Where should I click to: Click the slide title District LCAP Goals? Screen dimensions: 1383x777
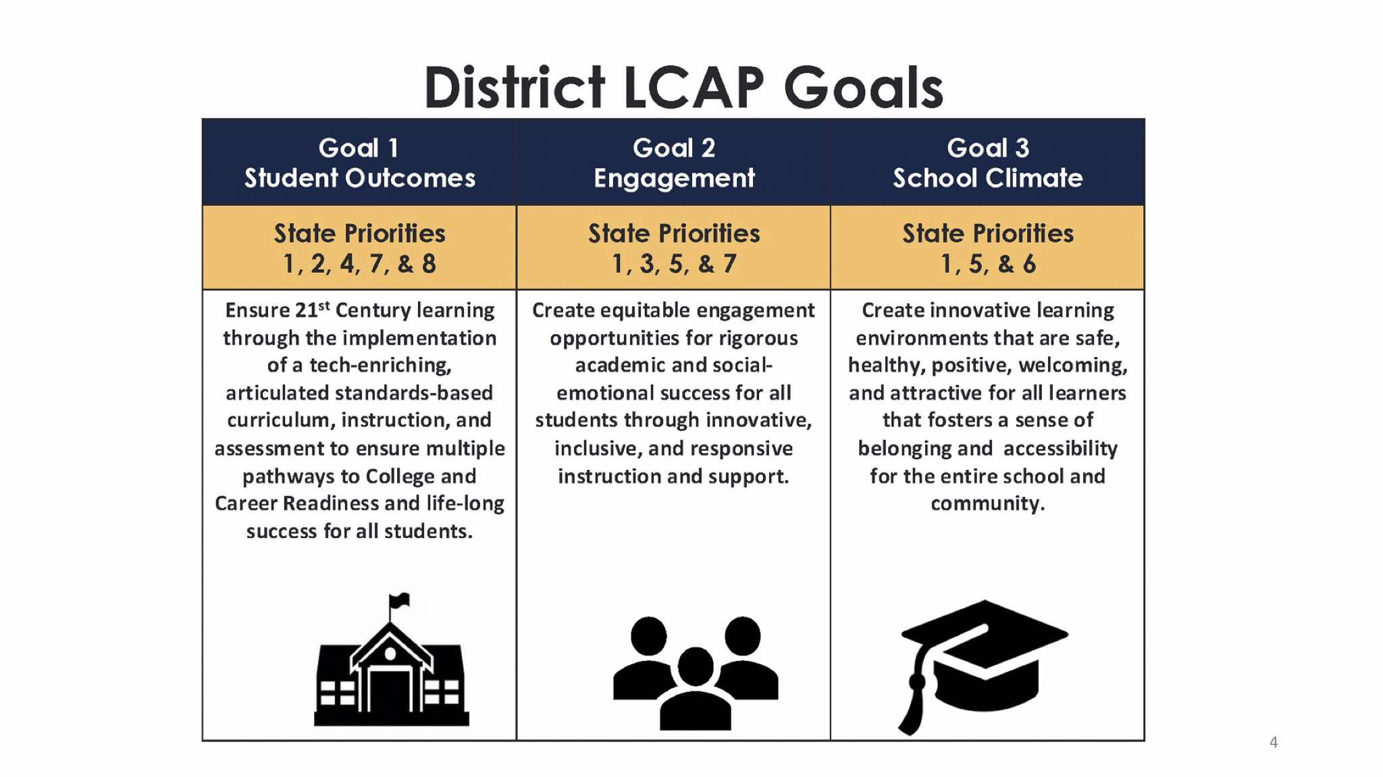[683, 87]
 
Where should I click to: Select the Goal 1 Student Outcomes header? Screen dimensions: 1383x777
[359, 163]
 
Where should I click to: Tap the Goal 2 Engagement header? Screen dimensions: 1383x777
[674, 163]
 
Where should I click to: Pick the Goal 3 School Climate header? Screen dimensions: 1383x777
[988, 163]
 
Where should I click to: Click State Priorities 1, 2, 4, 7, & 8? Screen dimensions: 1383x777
[359, 248]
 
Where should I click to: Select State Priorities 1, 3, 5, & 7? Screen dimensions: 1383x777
[674, 248]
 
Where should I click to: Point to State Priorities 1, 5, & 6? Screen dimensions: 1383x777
[988, 248]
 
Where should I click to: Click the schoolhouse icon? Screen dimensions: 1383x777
[392, 660]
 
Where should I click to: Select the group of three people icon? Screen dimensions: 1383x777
[696, 672]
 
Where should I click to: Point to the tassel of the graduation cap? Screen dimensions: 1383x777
[913, 702]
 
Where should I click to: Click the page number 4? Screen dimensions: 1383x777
[1274, 742]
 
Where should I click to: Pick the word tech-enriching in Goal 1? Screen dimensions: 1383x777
[381, 365]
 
